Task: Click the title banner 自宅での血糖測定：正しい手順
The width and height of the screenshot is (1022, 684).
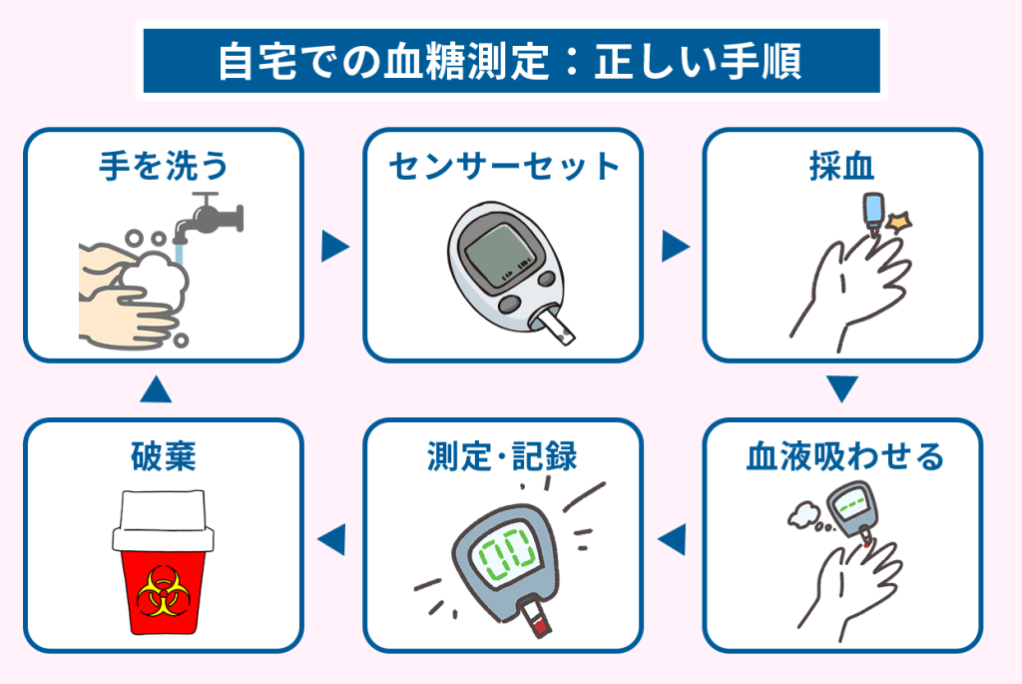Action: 510,62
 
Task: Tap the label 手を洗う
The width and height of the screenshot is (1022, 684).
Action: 163,166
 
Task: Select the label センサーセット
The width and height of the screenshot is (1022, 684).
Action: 503,166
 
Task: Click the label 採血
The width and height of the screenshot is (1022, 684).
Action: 843,166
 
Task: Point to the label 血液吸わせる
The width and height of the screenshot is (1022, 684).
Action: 844,456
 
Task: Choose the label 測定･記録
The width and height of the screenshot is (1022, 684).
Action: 503,456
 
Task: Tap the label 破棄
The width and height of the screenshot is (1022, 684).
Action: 163,456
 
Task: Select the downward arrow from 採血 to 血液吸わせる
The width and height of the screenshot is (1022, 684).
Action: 843,387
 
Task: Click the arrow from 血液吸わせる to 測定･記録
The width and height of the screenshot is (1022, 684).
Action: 673,539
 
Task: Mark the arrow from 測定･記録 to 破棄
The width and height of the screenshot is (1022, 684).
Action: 331,539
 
